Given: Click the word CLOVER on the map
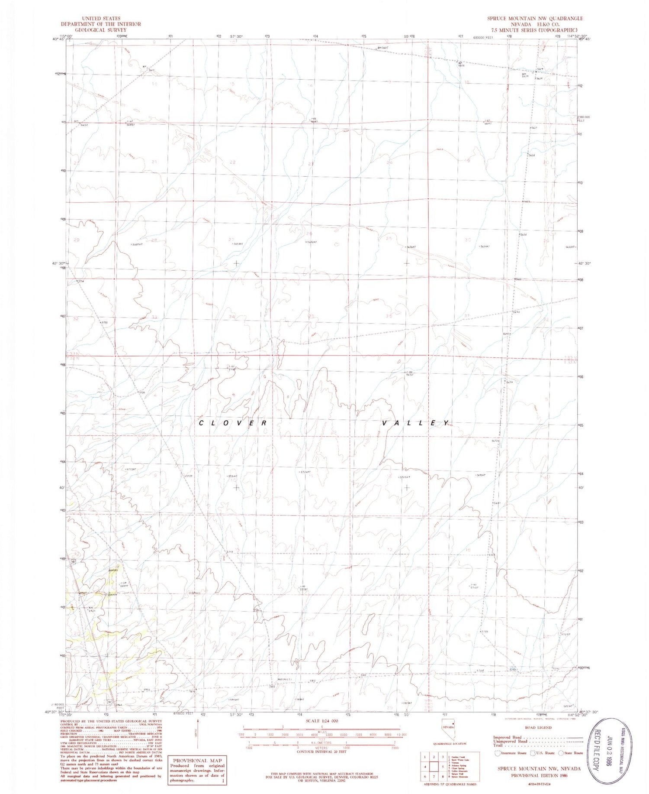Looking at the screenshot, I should [x=233, y=423].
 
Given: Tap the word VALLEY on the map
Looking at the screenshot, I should [x=415, y=423].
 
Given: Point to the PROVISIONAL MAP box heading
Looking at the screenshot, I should [x=197, y=761].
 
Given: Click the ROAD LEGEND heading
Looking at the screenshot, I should [x=538, y=728].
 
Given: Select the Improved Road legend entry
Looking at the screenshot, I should [x=509, y=737].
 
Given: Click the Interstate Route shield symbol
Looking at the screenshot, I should [x=498, y=753].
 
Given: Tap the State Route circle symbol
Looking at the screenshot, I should [x=561, y=753].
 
